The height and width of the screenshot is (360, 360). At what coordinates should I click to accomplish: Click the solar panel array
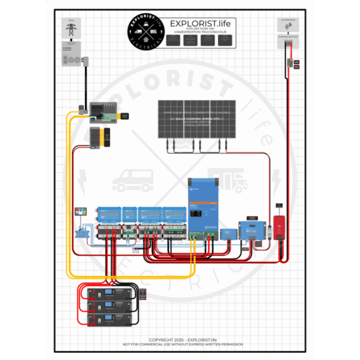tap(196, 119)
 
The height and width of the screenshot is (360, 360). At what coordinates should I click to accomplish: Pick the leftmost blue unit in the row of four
tap(108, 214)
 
